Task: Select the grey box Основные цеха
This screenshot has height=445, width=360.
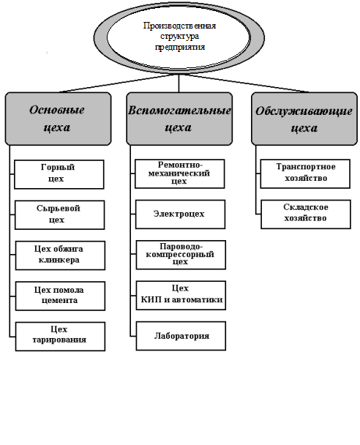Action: (x=58, y=119)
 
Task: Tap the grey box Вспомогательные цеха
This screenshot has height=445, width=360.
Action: (x=179, y=119)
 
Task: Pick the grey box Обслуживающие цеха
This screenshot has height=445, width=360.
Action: (x=304, y=119)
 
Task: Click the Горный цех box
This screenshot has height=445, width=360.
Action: (x=59, y=174)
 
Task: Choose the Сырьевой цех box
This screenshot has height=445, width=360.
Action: (x=59, y=215)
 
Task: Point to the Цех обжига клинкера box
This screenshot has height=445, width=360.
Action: (x=60, y=255)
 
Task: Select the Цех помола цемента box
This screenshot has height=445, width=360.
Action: (x=60, y=296)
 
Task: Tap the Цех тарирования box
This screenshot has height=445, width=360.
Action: (x=60, y=336)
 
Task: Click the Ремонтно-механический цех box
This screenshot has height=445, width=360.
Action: (x=179, y=173)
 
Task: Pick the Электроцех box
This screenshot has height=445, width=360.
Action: (x=180, y=214)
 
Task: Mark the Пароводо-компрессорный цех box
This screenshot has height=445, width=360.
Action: (x=181, y=255)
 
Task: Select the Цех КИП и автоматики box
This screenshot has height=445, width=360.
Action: (x=181, y=296)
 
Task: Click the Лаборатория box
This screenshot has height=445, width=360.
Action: (x=181, y=336)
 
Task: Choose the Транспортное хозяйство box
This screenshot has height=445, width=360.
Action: (x=305, y=173)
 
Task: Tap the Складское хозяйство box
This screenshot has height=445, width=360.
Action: (x=306, y=214)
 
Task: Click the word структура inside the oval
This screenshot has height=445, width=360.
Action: (x=179, y=37)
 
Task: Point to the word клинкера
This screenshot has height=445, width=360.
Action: (x=59, y=260)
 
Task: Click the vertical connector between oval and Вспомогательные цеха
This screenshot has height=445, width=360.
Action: (x=179, y=83)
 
